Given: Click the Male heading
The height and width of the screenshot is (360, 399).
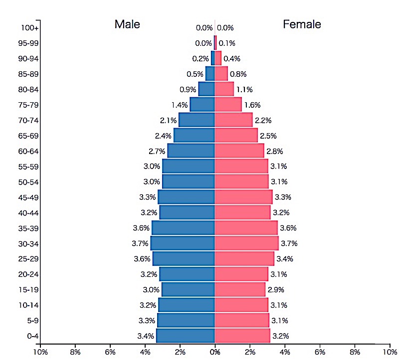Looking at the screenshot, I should point(127,24).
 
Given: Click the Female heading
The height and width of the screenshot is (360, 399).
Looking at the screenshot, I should point(302,24).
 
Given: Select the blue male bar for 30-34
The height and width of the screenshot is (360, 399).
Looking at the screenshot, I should point(183,243).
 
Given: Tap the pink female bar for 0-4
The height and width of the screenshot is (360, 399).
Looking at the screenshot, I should point(242,336).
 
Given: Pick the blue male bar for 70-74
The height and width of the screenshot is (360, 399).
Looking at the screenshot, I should point(197,120).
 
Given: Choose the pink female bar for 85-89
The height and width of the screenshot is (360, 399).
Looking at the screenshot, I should point(221,74).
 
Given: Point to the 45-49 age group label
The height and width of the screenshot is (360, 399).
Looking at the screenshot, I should point(28,197).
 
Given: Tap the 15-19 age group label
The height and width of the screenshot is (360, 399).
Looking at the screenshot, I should point(28,290).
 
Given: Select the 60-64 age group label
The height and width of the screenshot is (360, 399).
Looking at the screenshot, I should point(28,151).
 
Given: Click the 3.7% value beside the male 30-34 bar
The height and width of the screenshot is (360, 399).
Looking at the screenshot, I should point(141,243).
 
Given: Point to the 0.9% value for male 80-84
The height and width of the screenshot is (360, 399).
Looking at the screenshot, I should point(188,90).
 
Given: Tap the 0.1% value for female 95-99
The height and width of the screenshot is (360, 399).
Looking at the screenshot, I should point(227,43).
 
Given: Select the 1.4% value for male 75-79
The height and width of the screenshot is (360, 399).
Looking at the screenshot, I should point(180,105).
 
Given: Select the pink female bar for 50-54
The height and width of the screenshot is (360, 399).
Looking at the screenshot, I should point(241,181).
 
